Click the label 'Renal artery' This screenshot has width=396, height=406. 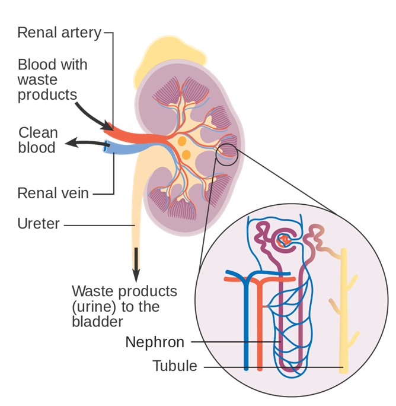pyautogui.click(x=59, y=32)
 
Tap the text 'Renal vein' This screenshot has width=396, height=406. pyautogui.click(x=53, y=193)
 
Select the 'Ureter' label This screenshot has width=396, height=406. pyautogui.click(x=39, y=224)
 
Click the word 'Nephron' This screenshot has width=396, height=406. pyautogui.click(x=155, y=342)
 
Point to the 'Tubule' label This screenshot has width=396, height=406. pyautogui.click(x=175, y=366)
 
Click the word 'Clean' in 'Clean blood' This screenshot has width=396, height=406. pyautogui.click(x=38, y=132)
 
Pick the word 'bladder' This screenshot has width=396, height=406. pyautogui.click(x=97, y=322)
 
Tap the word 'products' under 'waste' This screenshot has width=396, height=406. pyautogui.click(x=47, y=94)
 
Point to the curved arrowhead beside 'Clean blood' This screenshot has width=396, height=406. pyautogui.click(x=70, y=142)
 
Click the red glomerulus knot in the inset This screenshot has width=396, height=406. pyautogui.click(x=284, y=239)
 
